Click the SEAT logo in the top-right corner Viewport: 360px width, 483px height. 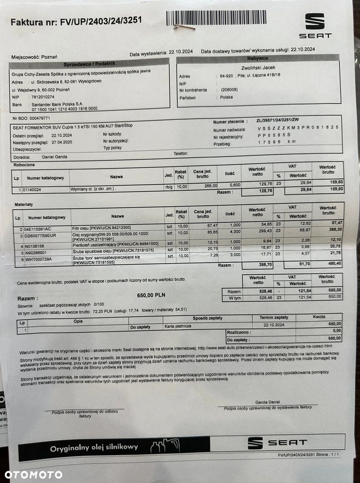315,25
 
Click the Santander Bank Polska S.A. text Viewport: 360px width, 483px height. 57,103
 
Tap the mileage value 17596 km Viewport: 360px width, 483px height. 277,142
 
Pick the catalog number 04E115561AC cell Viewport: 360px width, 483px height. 39,228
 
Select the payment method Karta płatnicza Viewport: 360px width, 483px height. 178,326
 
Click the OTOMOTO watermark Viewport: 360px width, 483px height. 34,474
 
